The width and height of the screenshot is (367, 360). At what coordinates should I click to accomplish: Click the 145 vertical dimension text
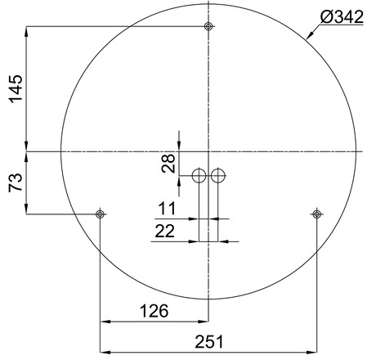(16, 89)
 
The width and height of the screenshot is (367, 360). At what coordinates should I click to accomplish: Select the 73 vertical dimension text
(16, 183)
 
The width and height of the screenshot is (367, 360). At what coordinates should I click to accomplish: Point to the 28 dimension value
(168, 163)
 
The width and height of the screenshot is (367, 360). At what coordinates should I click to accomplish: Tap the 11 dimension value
(168, 207)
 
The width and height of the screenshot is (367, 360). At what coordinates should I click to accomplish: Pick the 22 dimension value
(166, 232)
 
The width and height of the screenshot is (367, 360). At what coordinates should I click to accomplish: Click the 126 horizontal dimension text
(153, 311)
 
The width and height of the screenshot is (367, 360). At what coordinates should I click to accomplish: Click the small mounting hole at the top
(209, 27)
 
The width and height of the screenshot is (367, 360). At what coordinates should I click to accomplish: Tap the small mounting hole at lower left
(100, 214)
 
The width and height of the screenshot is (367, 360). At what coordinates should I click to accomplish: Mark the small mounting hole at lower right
(316, 214)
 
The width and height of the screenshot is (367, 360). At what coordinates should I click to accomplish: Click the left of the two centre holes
(199, 175)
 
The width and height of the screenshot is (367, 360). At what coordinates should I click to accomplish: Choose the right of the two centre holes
(217, 175)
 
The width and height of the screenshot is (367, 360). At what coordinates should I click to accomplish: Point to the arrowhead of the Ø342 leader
(309, 38)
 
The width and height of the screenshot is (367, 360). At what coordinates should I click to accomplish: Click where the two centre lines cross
(209, 152)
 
